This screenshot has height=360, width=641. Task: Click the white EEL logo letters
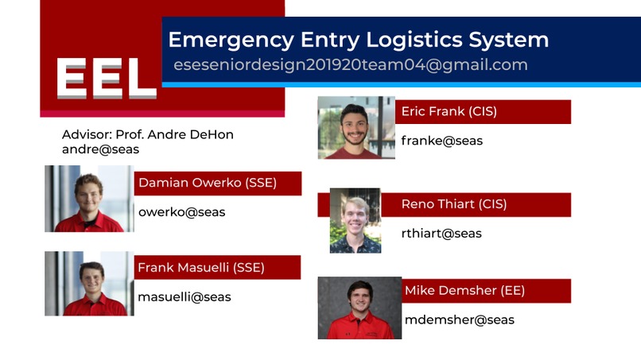coord(107,78)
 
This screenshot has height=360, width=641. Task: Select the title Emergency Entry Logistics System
coord(358,40)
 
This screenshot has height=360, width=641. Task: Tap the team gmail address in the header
coord(351,65)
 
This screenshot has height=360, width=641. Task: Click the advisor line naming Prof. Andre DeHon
coord(148,134)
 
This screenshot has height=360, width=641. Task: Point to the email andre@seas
coord(100,149)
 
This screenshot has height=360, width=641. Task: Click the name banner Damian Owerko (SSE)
coord(218,183)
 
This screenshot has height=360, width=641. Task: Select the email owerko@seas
coord(182,212)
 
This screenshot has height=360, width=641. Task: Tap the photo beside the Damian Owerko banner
coord(89,199)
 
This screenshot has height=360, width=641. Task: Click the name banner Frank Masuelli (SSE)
coord(217,268)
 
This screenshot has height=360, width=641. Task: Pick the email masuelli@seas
coord(185,297)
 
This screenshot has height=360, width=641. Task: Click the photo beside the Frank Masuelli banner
coord(89,284)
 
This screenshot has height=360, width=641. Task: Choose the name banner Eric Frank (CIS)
coord(483,112)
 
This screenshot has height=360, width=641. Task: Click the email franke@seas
coord(442,141)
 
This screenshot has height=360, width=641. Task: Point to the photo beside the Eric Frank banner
coord(356,127)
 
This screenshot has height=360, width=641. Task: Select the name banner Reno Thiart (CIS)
coord(476,205)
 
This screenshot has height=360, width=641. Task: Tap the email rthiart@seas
coord(441,234)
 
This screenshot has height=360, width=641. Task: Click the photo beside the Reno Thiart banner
coord(355,221)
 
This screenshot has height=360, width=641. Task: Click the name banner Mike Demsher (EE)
coord(486,291)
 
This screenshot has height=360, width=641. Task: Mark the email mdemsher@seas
coord(460,320)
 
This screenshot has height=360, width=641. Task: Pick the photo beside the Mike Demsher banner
coord(359,308)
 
